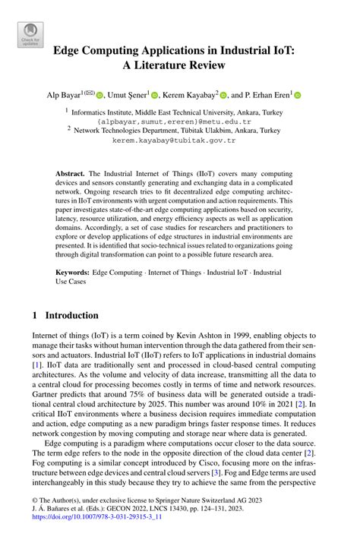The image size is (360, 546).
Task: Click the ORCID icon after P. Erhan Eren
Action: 298,96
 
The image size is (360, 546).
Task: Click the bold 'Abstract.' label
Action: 71,174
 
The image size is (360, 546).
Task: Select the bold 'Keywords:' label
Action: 74,271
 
